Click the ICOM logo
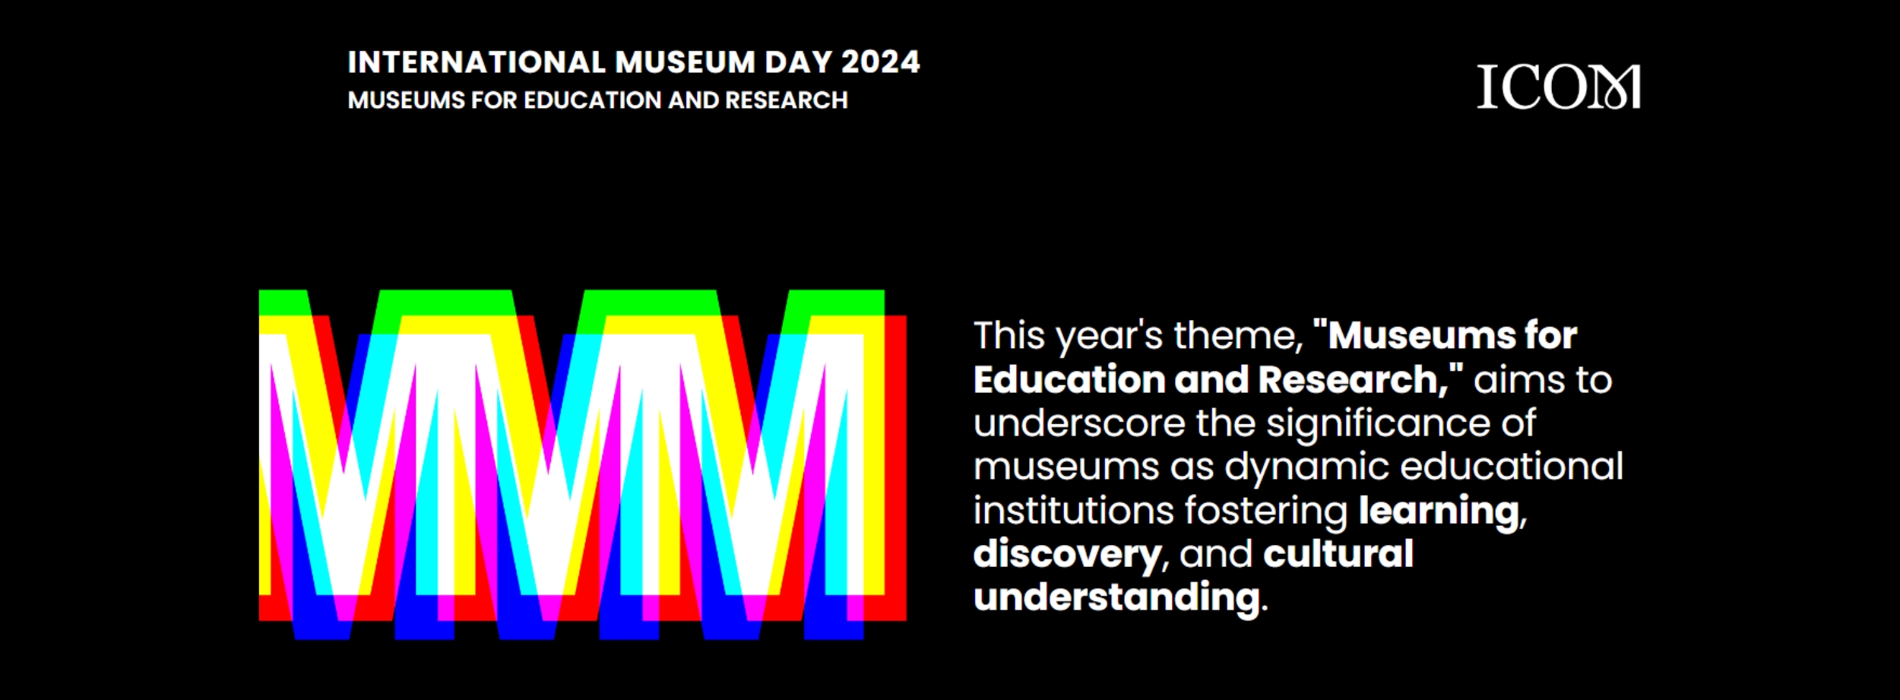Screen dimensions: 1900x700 coord(1558,87)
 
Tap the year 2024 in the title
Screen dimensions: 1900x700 coord(881,62)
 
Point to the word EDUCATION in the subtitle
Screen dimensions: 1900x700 coord(592,100)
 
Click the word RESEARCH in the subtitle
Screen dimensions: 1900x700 coord(786,100)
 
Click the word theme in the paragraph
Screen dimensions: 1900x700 coord(1238,335)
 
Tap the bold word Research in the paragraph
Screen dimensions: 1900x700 coord(1354,379)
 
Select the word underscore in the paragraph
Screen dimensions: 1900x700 coord(1079,423)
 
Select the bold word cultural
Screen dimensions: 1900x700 coord(1338,553)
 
